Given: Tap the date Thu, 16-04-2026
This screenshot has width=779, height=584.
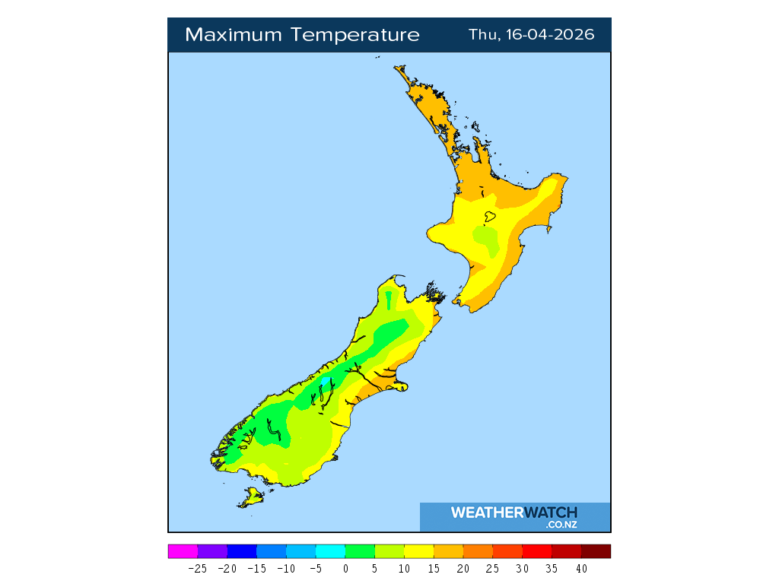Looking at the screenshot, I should point(531,35).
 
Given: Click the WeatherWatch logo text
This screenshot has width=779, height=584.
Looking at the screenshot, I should point(514,513).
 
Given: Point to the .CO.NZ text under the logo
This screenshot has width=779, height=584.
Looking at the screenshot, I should point(561,525).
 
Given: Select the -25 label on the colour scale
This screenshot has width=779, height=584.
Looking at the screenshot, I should point(197,568).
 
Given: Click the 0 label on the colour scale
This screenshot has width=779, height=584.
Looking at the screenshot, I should point(345,568).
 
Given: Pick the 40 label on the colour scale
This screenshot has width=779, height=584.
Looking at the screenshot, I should point(581,568).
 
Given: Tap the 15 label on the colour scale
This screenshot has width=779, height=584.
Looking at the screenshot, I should point(434,568).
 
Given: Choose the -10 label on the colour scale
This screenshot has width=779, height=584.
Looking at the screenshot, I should point(286,568).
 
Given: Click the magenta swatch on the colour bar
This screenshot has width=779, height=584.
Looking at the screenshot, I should point(183,551).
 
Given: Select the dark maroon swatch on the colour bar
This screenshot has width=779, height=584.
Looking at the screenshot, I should point(596,551).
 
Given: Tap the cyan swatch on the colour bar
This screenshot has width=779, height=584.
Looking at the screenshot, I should point(330,551).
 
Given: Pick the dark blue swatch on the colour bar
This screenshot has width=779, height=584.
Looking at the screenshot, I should point(242,551).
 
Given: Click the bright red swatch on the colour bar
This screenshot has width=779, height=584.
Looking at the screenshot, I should point(537,551).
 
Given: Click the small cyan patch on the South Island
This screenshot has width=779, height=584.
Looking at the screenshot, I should point(326,379).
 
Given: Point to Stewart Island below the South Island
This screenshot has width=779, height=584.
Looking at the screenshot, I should point(252,497).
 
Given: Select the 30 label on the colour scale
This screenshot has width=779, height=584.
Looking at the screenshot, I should point(522,568).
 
